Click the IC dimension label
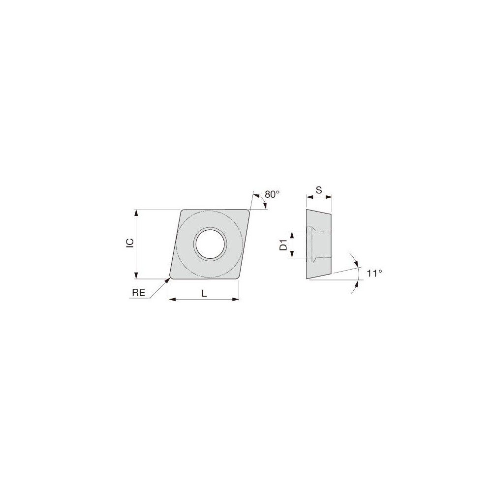point(129,243)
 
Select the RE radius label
point(138,292)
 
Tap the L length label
point(204,293)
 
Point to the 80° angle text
point(272,194)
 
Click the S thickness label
point(319,189)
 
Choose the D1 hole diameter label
point(283,245)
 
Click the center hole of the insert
point(210,243)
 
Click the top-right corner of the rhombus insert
point(248,211)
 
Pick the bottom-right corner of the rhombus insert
point(238,278)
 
